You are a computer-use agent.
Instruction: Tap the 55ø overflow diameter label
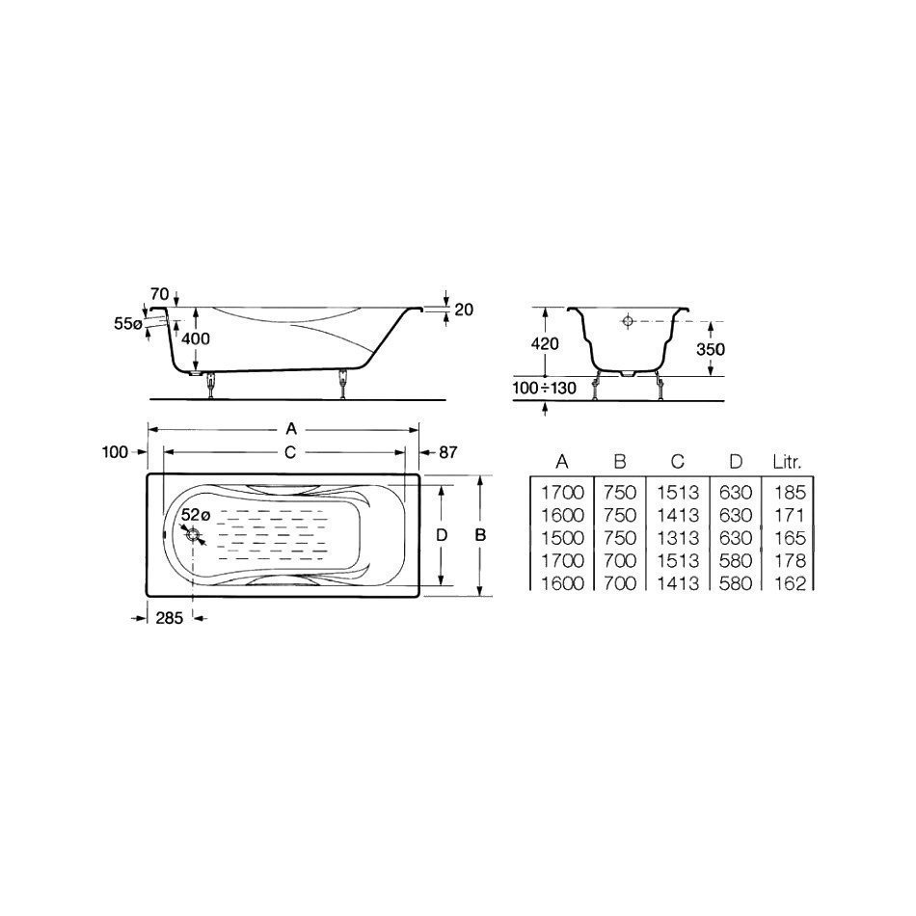click(128, 324)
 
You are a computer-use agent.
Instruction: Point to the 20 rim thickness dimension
click(463, 310)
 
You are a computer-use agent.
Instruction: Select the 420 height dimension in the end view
click(545, 343)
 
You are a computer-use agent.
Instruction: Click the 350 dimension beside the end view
click(711, 349)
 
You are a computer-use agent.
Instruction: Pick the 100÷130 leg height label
click(545, 388)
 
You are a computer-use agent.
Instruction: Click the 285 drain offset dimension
click(170, 617)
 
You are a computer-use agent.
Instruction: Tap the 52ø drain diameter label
click(195, 515)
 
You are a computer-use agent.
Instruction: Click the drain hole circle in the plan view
click(193, 534)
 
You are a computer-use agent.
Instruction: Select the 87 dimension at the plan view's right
click(447, 452)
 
